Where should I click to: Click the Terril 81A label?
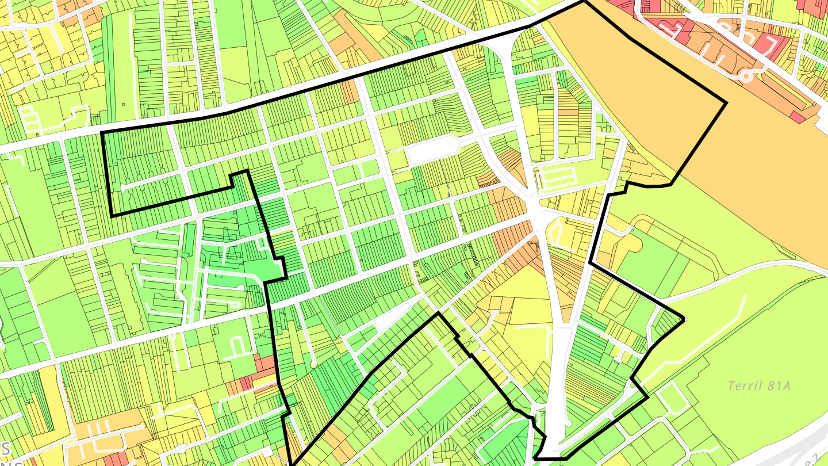coord(759,385)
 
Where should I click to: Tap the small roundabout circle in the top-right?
coord(746,75)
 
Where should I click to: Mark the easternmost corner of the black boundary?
coord(726,103)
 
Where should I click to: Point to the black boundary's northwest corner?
coord(102,133)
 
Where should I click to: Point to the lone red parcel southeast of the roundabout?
coord(797,116)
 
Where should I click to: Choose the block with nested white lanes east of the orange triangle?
coord(558,178)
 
